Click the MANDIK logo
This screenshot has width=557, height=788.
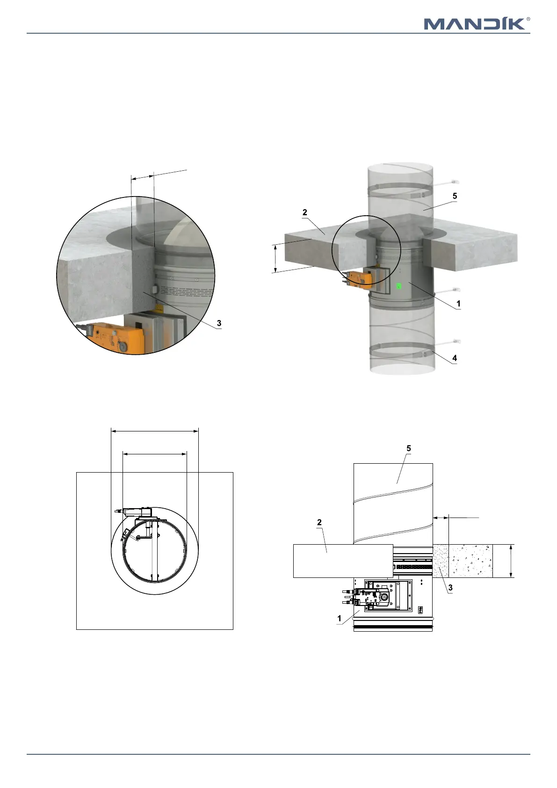click(475, 24)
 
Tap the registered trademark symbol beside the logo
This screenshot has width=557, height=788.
click(528, 19)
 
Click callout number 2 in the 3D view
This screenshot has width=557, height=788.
click(304, 212)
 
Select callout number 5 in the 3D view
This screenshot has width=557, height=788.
click(455, 196)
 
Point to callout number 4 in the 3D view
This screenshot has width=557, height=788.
click(455, 358)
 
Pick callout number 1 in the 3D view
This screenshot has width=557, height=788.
click(458, 303)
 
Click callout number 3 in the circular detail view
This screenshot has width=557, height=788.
click(219, 323)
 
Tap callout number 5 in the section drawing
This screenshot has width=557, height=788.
click(409, 448)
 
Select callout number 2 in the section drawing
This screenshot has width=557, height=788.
click(319, 522)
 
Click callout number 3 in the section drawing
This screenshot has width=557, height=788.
click(450, 587)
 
